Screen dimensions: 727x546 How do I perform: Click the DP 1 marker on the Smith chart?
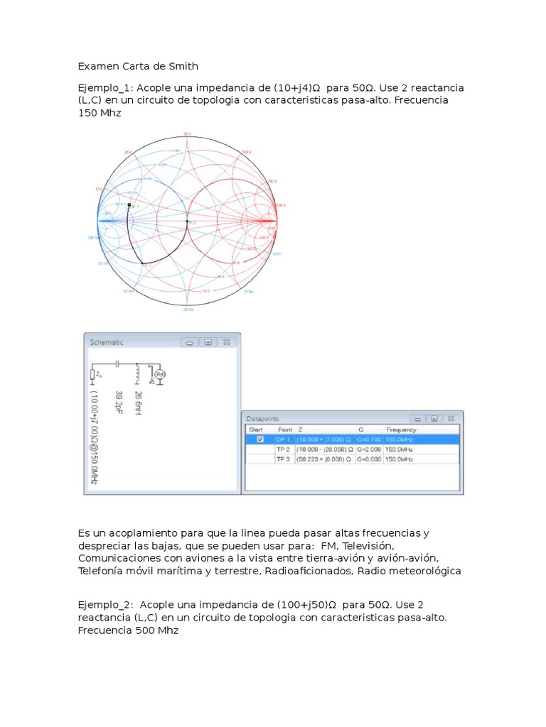pyautogui.click(x=129, y=204)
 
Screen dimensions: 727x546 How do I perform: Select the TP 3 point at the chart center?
pyautogui.click(x=187, y=222)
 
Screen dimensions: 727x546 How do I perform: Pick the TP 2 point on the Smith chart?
pyautogui.click(x=143, y=263)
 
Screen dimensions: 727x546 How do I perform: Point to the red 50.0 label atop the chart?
pyautogui.click(x=187, y=134)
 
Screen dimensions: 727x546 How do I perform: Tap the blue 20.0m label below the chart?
pyautogui.click(x=187, y=310)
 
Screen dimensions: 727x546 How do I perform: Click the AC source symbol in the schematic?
pyautogui.click(x=160, y=374)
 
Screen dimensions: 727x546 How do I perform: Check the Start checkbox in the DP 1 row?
pyautogui.click(x=259, y=439)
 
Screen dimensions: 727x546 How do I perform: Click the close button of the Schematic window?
pyautogui.click(x=226, y=341)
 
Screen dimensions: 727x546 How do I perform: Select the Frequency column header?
pyautogui.click(x=401, y=430)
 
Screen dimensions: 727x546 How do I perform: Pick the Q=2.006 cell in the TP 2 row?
pyautogui.click(x=369, y=449)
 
